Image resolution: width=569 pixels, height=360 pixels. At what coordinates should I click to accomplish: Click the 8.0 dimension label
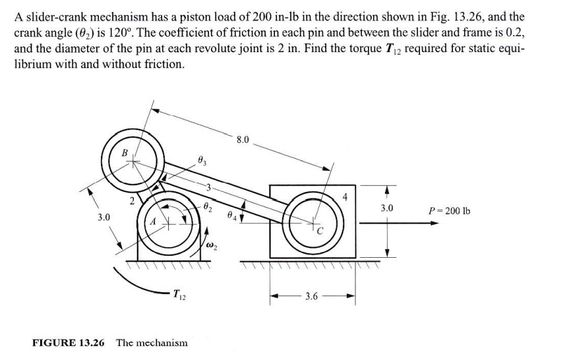[243, 140]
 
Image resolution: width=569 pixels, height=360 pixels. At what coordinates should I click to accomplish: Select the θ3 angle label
[202, 159]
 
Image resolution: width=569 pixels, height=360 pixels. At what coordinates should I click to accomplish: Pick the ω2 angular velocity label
[212, 247]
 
